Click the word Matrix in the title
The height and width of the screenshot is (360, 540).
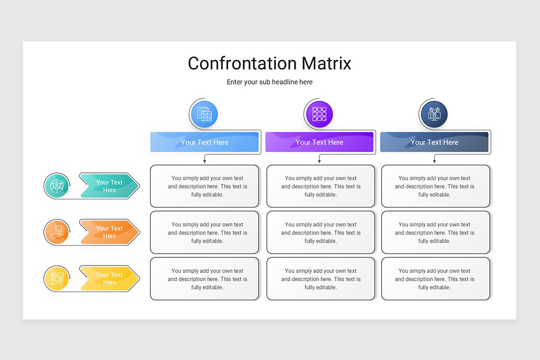(326, 63)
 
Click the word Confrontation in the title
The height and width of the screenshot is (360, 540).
(242, 63)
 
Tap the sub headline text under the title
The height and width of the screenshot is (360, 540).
(270, 82)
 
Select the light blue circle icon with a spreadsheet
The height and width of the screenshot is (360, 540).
(204, 114)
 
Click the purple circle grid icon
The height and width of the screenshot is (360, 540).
(319, 114)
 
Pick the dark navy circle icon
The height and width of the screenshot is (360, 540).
(434, 114)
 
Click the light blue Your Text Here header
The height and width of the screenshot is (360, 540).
(204, 142)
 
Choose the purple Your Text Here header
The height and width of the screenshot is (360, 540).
(319, 142)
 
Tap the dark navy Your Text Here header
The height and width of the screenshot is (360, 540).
(434, 142)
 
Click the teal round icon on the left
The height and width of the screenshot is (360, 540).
(57, 186)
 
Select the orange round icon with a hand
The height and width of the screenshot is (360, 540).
(57, 232)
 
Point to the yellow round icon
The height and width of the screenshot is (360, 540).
(57, 279)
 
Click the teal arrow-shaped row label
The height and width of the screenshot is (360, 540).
(110, 186)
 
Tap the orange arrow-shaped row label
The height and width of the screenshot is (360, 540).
(110, 232)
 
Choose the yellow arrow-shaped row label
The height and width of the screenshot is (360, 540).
(110, 279)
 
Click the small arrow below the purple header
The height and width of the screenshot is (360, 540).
(319, 159)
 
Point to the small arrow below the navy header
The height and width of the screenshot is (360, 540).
(434, 159)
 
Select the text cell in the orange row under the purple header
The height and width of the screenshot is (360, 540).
(320, 233)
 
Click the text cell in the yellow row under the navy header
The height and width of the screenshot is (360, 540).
(436, 279)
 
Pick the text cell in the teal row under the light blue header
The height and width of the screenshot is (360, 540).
(204, 186)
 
